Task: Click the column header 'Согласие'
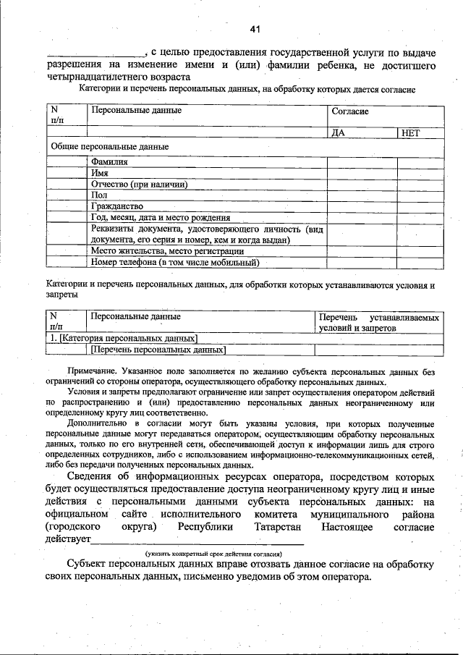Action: pyautogui.click(x=350, y=112)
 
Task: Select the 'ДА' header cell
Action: pyautogui.click(x=338, y=133)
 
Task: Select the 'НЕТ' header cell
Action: pyautogui.click(x=410, y=133)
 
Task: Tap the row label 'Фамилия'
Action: pyautogui.click(x=109, y=162)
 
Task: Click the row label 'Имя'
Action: pyautogui.click(x=100, y=173)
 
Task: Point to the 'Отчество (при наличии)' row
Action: pyautogui.click(x=140, y=184)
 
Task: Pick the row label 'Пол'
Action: pyautogui.click(x=99, y=195)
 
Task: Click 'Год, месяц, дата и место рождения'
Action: pyautogui.click(x=161, y=216)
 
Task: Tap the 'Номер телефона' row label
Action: pyautogui.click(x=175, y=262)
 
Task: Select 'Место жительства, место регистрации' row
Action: pyautogui.click(x=167, y=251)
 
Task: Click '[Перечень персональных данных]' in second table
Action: pyautogui.click(x=158, y=350)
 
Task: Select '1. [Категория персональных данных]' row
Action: pyautogui.click(x=122, y=338)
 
